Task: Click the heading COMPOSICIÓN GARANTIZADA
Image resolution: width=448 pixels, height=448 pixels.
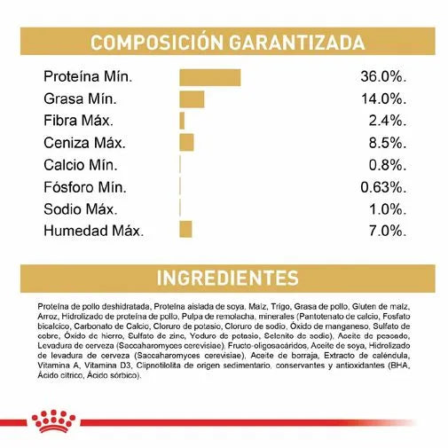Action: (x=227, y=43)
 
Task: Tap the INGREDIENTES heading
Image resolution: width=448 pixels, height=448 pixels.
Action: (x=227, y=278)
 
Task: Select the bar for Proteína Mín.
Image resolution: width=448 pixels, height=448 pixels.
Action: (x=209, y=76)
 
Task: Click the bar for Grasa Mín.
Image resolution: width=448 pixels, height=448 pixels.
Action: (x=192, y=98)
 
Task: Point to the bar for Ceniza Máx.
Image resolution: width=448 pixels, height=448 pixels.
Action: (x=186, y=142)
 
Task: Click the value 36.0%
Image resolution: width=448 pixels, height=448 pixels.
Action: (x=384, y=76)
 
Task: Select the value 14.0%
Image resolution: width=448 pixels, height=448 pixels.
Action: (x=384, y=98)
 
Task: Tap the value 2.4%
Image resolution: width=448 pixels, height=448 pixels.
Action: (x=388, y=121)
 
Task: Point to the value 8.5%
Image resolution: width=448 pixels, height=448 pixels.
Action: (x=388, y=142)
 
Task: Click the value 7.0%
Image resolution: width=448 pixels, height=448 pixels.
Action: (x=388, y=231)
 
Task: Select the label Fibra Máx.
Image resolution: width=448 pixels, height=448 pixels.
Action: (x=81, y=121)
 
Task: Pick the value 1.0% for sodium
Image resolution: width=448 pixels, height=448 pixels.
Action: (x=388, y=208)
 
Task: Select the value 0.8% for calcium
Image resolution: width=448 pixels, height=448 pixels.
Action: (x=388, y=164)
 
